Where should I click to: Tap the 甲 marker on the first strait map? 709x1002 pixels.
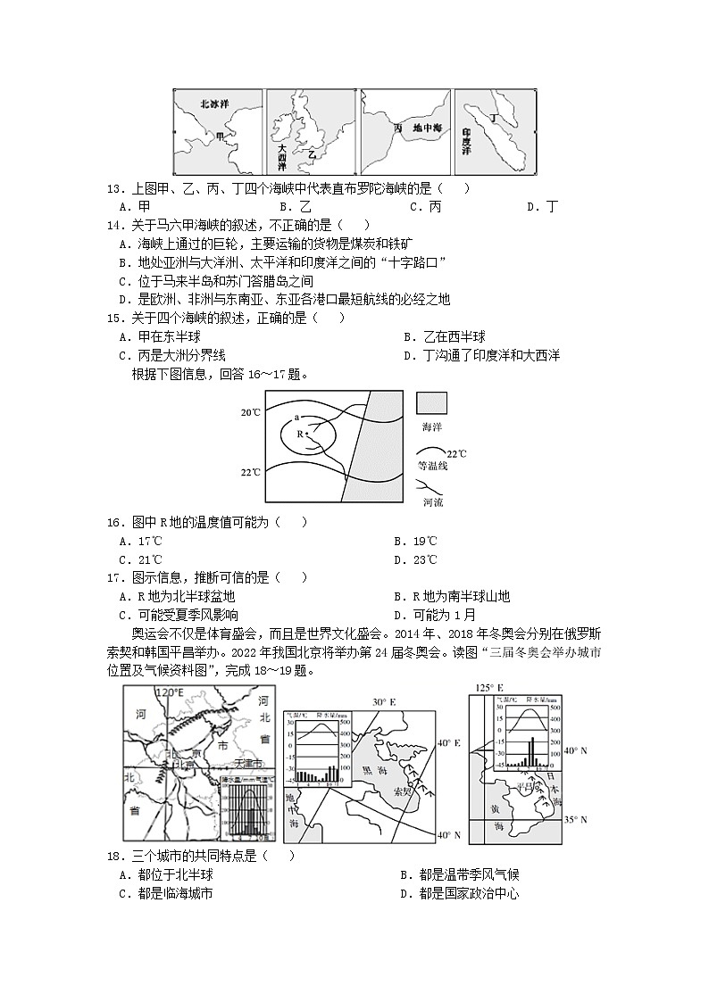click(x=221, y=137)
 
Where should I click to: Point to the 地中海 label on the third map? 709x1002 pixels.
click(x=427, y=128)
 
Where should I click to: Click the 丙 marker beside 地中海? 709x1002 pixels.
click(x=397, y=128)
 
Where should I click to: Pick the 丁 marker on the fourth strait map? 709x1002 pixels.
click(x=492, y=118)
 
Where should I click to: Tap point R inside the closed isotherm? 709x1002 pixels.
click(x=300, y=435)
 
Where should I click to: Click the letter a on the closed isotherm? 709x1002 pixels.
click(x=296, y=418)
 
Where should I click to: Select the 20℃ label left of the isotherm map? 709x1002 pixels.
click(x=251, y=413)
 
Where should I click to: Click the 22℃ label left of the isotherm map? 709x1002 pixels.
click(x=251, y=472)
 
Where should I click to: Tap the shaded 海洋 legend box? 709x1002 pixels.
click(x=431, y=403)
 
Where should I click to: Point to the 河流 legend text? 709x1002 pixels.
click(x=432, y=503)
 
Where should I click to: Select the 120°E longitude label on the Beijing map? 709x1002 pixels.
click(x=170, y=692)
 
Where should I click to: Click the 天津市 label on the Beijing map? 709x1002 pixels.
click(x=246, y=765)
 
